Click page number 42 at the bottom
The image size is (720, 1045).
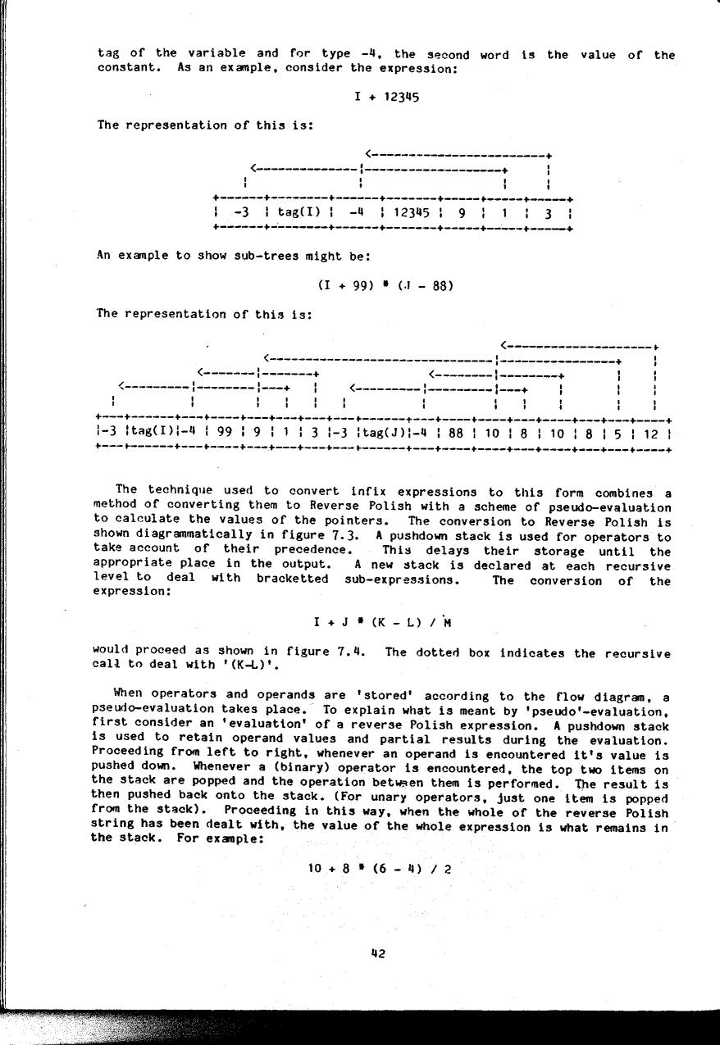tap(378, 953)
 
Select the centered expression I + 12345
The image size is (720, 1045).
tap(387, 97)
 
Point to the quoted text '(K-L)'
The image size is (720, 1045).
tap(175, 667)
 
